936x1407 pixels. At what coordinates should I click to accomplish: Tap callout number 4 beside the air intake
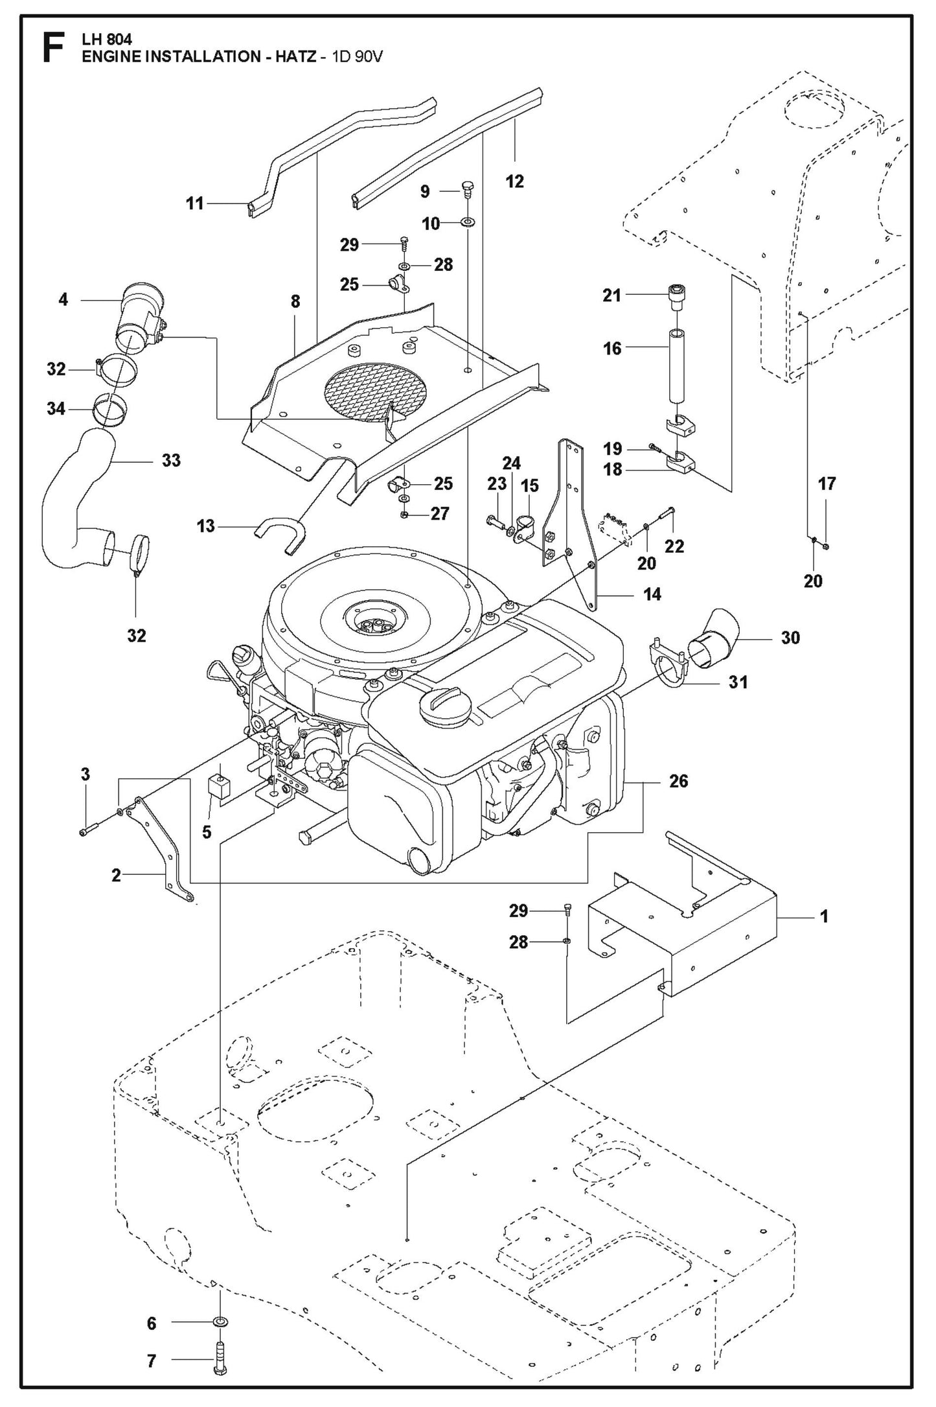(x=63, y=300)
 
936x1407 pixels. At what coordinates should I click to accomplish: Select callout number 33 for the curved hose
(x=171, y=461)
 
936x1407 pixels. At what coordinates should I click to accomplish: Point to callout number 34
(x=56, y=409)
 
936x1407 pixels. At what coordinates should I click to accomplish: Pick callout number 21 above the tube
(x=611, y=296)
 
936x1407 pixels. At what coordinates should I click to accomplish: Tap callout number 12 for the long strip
(x=514, y=181)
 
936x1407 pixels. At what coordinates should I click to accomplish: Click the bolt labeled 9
(x=468, y=189)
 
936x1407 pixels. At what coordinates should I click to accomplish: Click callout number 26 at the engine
(x=678, y=781)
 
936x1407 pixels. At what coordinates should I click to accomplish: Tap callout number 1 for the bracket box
(x=824, y=917)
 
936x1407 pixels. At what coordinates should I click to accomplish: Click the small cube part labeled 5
(x=220, y=787)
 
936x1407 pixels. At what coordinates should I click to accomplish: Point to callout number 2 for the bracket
(x=116, y=876)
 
